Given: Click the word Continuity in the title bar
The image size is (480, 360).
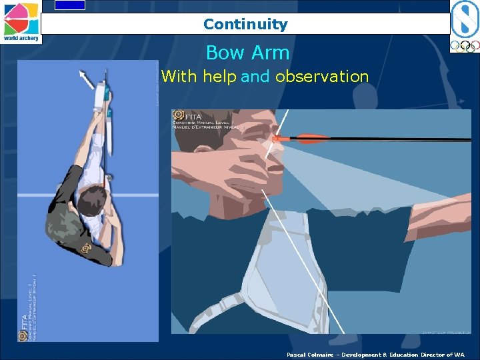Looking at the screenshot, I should (245, 25).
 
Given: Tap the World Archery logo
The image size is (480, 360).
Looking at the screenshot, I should (21, 21).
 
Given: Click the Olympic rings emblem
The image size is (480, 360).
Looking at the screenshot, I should (463, 47).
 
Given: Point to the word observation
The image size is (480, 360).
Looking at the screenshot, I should (322, 77).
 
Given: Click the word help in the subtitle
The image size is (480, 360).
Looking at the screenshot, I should (219, 77).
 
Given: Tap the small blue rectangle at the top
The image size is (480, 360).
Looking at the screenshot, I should (69, 5).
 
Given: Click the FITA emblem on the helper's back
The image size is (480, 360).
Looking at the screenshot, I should (85, 248).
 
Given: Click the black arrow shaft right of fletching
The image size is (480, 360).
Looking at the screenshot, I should (400, 139).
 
